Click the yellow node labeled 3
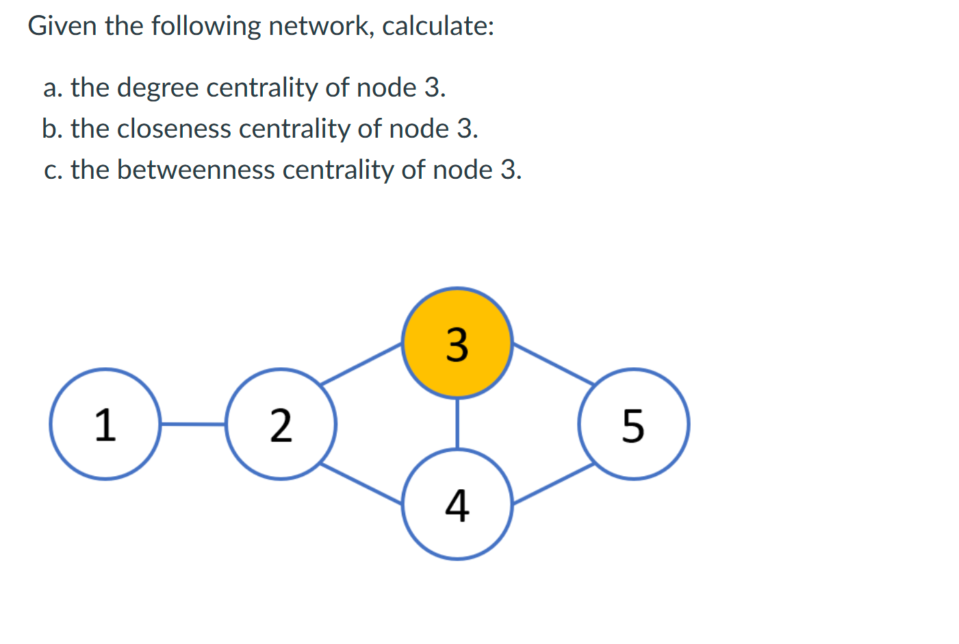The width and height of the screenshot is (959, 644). pos(457,343)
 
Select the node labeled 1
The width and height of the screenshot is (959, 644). pos(105,424)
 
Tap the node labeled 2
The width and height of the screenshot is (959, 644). pos(281,424)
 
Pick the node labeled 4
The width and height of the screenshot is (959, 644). pos(457,505)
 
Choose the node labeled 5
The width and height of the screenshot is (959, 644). pos(633,424)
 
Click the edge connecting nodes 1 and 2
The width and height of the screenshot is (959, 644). pos(193,424)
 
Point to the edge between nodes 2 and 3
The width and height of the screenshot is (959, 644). pos(361,364)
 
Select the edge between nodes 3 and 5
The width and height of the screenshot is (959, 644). pos(553,364)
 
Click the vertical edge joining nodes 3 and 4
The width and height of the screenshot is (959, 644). pos(457,423)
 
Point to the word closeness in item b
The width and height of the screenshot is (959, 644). pos(174,129)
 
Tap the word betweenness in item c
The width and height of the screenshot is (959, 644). pos(196,170)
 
